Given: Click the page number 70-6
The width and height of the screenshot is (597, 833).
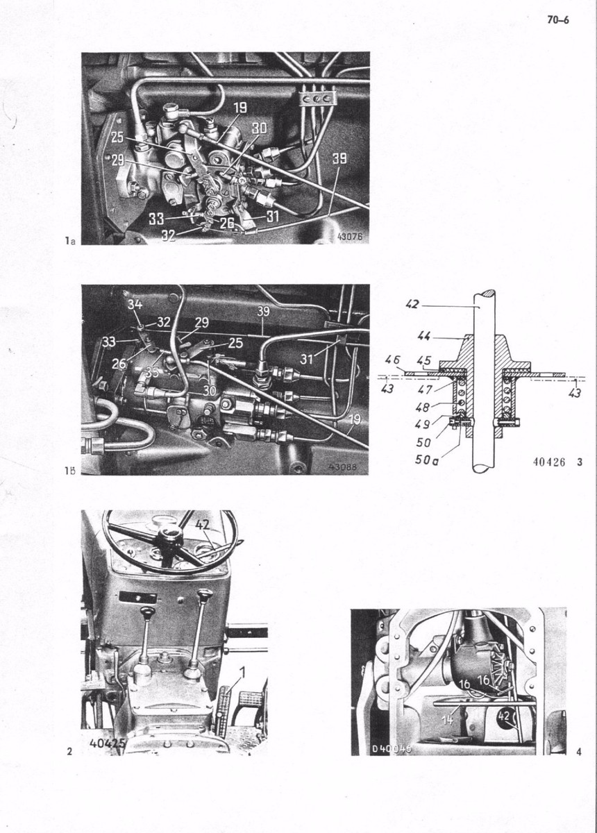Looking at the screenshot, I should click(557, 20).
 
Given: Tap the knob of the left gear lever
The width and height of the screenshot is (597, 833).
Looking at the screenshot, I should click(146, 612).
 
